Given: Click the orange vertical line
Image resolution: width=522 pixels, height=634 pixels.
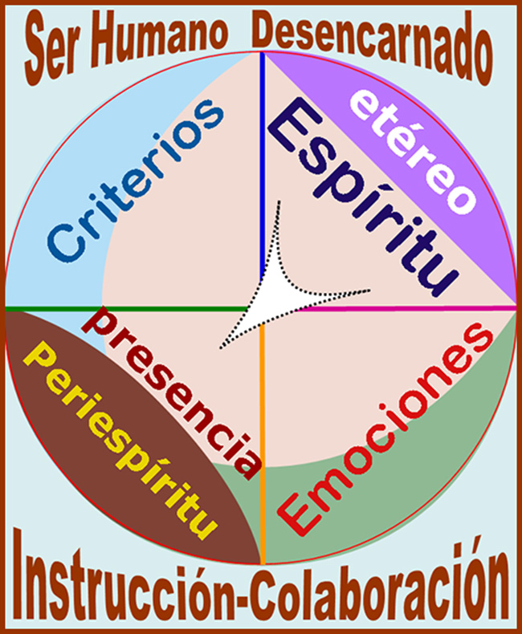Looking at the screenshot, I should [x=263, y=449].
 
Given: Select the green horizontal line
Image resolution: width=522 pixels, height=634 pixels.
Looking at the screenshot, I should [x=120, y=308].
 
